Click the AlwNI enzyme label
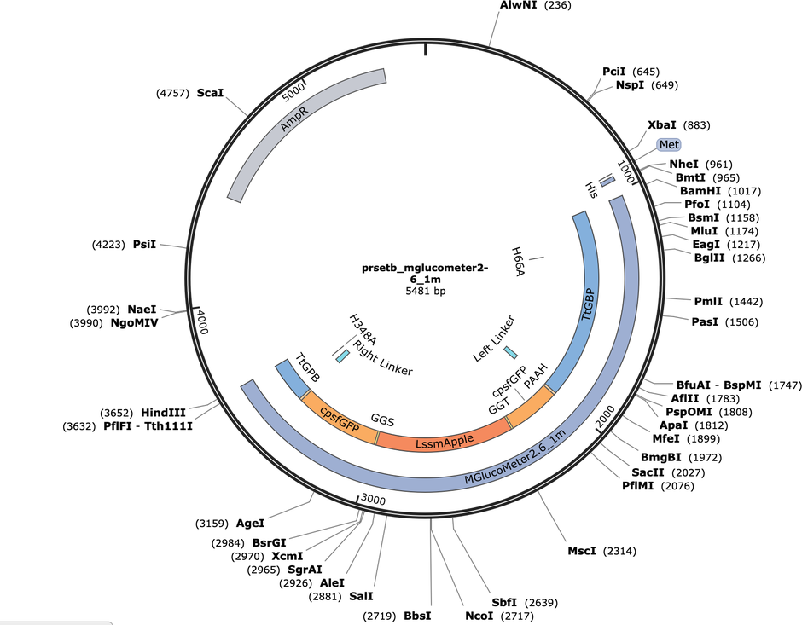(x=518, y=5)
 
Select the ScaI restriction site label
(x=210, y=92)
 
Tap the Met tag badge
(x=668, y=145)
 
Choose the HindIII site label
(x=166, y=411)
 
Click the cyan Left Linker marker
(x=510, y=352)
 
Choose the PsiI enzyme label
(x=144, y=245)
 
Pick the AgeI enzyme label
(x=250, y=523)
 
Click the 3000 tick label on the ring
(x=375, y=499)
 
